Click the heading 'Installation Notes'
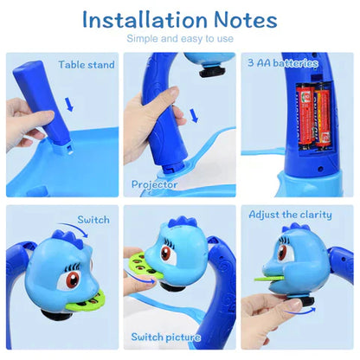click(179, 18)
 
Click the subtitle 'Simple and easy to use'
click(179, 39)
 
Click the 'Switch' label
click(93, 220)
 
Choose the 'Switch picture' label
click(166, 337)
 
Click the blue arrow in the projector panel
click(192, 114)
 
